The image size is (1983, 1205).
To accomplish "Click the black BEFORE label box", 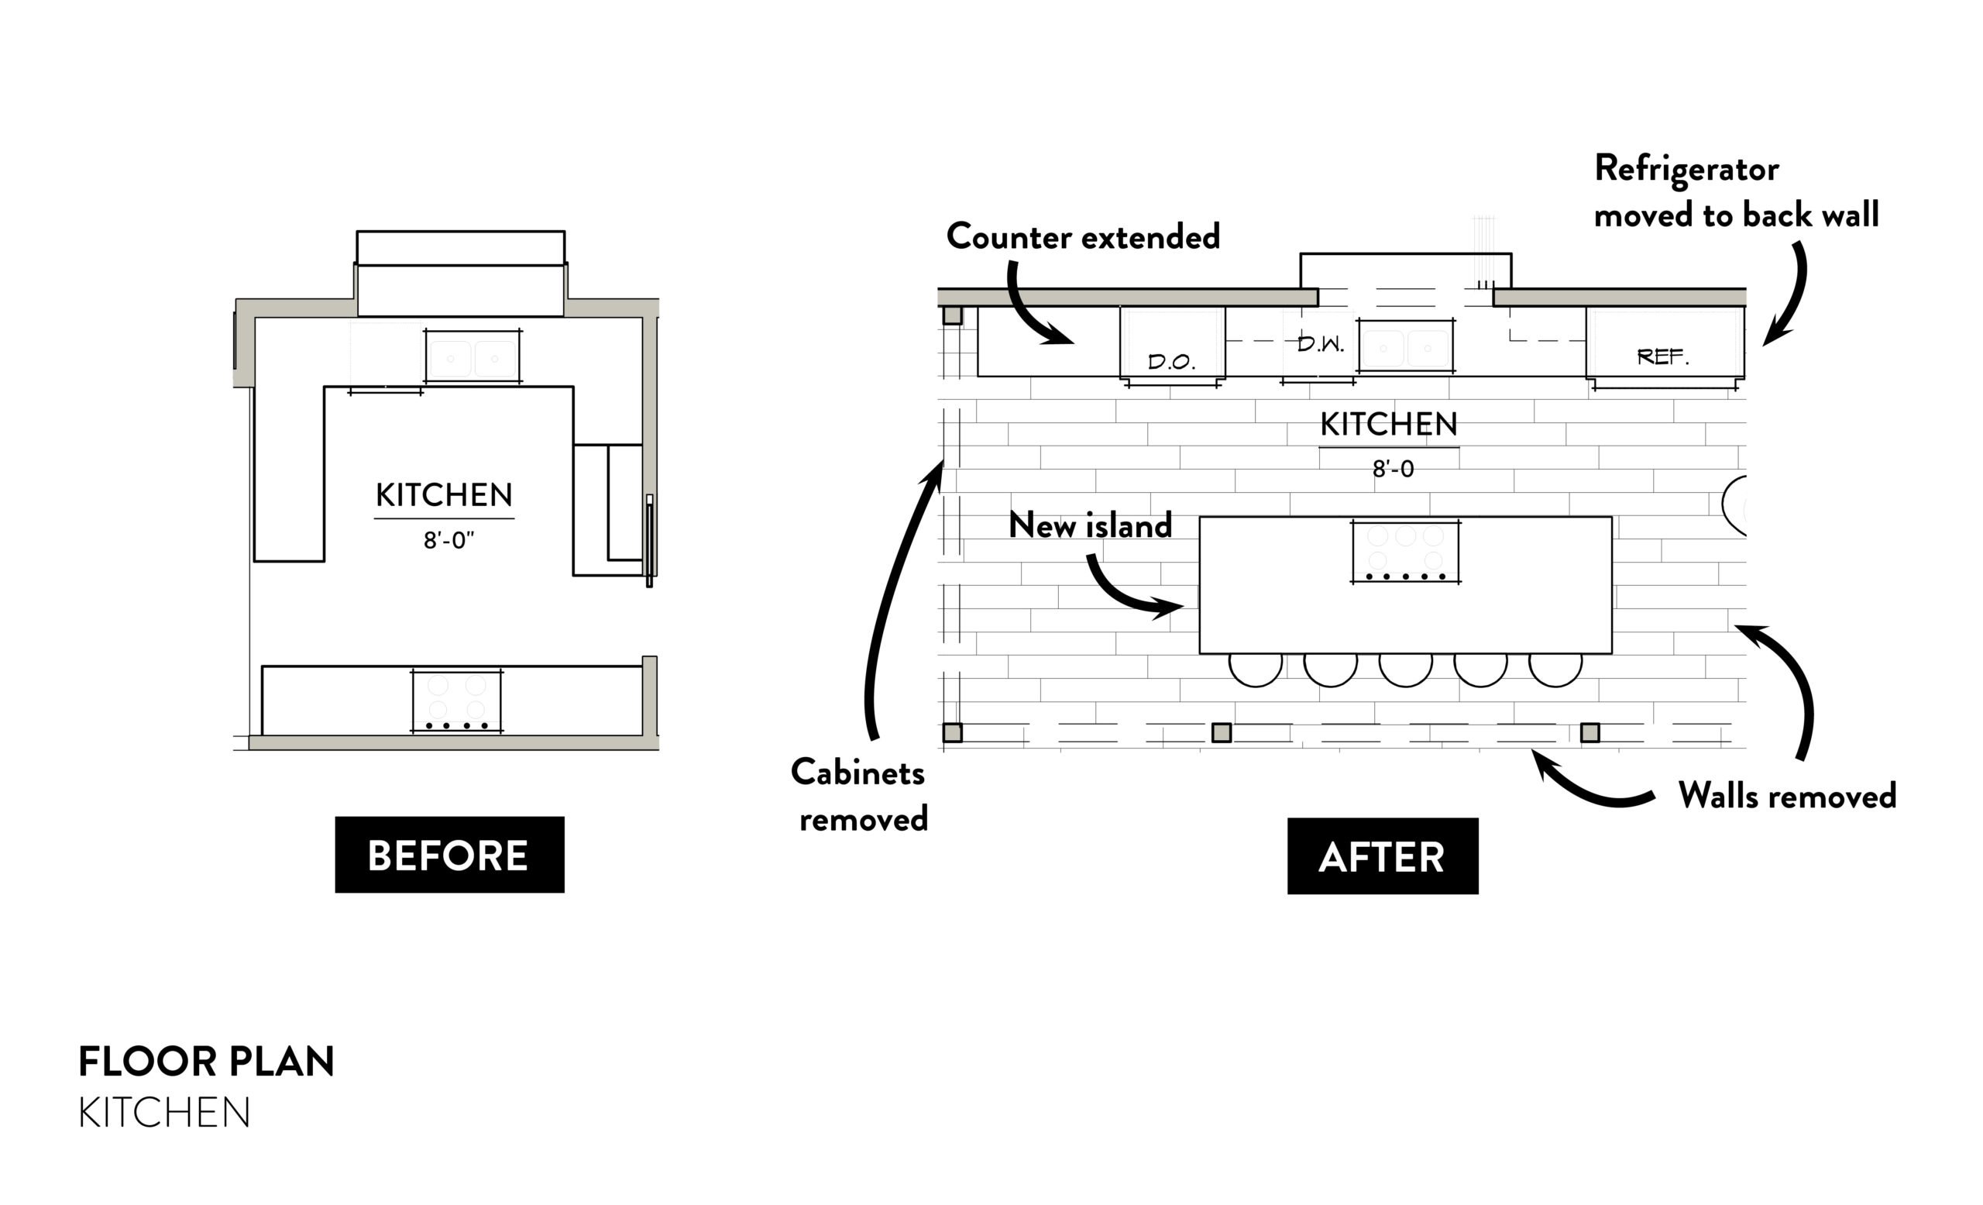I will (449, 855).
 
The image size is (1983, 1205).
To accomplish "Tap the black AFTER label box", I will (1382, 856).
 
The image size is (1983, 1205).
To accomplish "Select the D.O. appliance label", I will (1171, 361).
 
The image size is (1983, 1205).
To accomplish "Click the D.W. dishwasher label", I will (1320, 345).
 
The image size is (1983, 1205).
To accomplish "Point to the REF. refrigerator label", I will (1662, 356).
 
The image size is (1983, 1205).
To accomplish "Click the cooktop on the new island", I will (1405, 552).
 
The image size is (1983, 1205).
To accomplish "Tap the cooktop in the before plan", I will (456, 701).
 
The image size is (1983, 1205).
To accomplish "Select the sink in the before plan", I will (473, 356).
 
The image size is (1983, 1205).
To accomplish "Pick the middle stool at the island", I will (1405, 668).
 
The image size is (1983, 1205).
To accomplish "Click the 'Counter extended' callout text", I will (1082, 236).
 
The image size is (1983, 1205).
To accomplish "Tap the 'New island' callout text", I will (1090, 525).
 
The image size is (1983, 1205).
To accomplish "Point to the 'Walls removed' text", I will (1786, 796).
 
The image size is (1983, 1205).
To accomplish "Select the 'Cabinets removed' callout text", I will (860, 795).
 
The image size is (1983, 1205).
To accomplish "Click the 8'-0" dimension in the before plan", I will (448, 540).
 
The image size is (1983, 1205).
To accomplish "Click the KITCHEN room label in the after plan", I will (1388, 424).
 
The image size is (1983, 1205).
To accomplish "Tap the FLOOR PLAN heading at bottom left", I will (206, 1062).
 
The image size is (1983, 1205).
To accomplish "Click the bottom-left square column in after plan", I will (952, 732).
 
